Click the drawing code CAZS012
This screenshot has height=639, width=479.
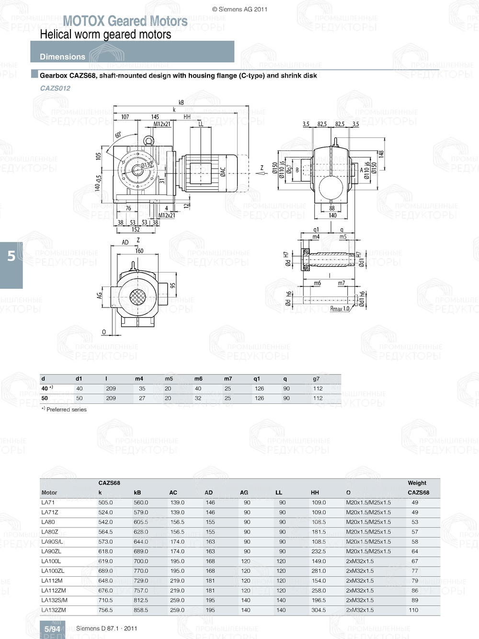[55, 88]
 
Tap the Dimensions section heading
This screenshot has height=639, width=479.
[62, 57]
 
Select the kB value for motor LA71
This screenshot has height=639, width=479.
[141, 502]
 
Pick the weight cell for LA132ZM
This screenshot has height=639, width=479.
[413, 610]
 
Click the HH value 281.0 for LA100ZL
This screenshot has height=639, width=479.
[319, 571]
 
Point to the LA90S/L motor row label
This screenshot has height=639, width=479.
[52, 542]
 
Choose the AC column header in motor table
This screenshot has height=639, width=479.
[173, 492]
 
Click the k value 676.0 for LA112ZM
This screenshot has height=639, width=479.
[105, 591]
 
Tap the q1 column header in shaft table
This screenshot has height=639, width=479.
[257, 379]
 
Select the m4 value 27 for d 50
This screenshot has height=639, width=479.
[142, 398]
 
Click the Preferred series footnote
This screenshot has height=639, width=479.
[64, 410]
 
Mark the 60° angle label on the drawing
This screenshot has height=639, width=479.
[118, 135]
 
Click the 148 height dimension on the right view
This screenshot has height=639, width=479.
[381, 154]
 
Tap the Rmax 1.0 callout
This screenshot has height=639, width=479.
[340, 309]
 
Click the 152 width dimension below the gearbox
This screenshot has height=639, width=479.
[136, 229]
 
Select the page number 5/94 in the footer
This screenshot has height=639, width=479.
[52, 629]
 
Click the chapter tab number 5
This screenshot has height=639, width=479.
[11, 256]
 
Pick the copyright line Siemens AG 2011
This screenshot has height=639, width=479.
[239, 9]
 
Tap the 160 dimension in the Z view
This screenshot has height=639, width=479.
[139, 251]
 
